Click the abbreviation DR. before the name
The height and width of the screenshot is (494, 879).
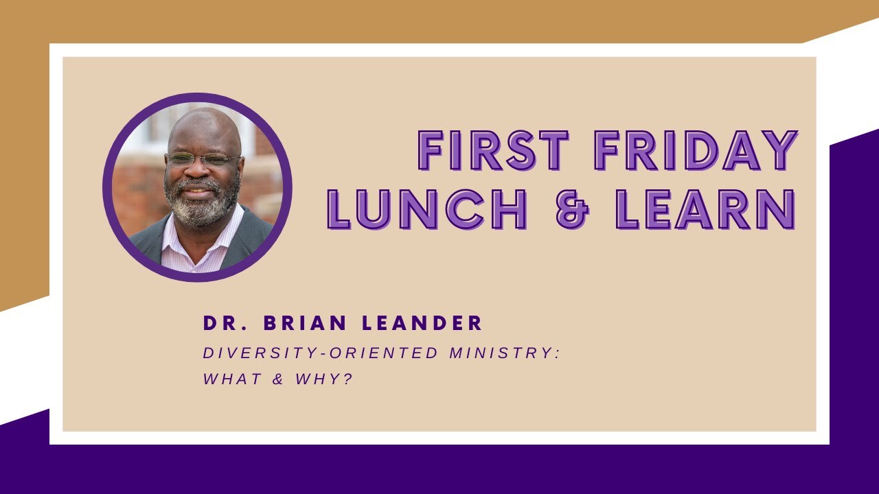pyautogui.click(x=222, y=322)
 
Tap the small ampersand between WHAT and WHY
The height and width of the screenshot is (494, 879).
pyautogui.click(x=278, y=379)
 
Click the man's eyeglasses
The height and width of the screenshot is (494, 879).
pyautogui.click(x=202, y=160)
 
